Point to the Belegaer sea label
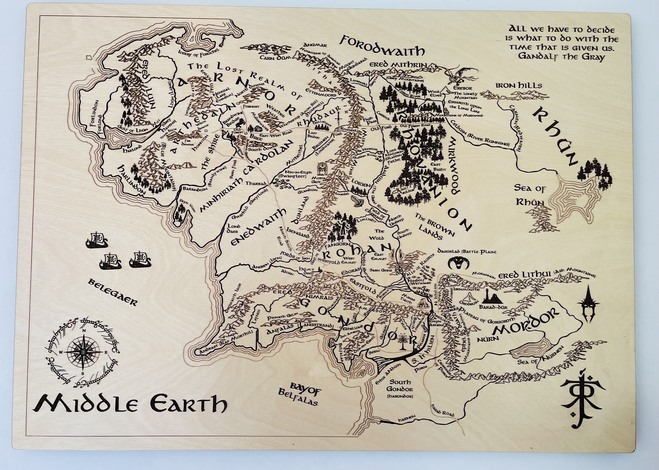coord(112,292)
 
